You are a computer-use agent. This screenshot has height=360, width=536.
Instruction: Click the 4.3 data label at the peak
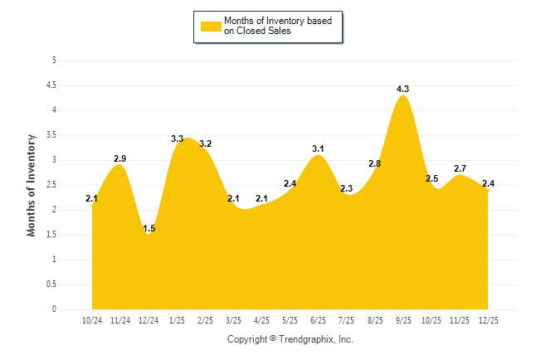(x=402, y=89)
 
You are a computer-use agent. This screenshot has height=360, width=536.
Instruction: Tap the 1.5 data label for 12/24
(x=149, y=228)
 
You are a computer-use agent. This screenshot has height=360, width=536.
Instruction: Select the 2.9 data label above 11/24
(x=119, y=158)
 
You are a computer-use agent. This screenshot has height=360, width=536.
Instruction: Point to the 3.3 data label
(x=177, y=139)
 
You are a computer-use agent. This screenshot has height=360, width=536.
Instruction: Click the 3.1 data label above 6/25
(x=318, y=148)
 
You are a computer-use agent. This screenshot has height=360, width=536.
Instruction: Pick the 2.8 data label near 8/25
(x=374, y=163)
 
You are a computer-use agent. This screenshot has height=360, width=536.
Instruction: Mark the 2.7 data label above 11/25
(x=460, y=168)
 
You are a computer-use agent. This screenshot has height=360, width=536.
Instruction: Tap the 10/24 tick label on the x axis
(x=92, y=319)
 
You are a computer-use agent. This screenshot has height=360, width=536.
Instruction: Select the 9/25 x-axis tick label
(x=403, y=319)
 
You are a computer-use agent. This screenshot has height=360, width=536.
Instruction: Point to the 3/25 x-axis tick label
(x=233, y=319)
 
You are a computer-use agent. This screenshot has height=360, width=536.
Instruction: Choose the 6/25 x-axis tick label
(x=318, y=319)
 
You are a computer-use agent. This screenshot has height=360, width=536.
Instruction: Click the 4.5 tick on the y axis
(x=51, y=85)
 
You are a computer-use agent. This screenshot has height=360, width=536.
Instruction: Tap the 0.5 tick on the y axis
(x=51, y=284)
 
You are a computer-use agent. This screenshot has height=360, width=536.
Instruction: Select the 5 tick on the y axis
(x=54, y=60)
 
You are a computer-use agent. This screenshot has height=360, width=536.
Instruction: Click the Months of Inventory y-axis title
(x=32, y=185)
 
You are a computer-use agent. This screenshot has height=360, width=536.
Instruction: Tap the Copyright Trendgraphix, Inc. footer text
(x=290, y=339)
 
